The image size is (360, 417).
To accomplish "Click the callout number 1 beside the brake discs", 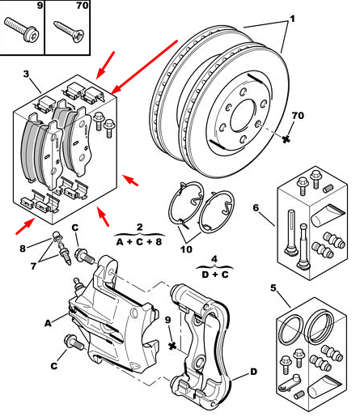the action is (292, 19).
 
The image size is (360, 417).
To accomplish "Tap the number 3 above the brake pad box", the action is (26, 74).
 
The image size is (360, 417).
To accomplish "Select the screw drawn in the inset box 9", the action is (22, 30).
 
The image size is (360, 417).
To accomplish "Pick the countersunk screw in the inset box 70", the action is (69, 32).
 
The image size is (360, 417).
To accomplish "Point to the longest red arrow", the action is (144, 67).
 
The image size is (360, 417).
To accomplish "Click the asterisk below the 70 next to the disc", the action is (286, 139).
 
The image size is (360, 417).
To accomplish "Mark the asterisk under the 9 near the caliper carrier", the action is (172, 346).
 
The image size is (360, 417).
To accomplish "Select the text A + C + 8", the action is (139, 241).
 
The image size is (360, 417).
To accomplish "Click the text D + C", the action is (215, 274).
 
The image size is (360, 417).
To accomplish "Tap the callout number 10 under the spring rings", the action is (186, 249).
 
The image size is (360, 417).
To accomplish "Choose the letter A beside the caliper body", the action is (48, 323).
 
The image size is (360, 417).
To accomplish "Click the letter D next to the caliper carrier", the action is (253, 372).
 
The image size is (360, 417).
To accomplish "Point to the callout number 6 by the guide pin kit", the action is (256, 208).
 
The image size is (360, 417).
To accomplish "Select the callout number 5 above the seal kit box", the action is (273, 288).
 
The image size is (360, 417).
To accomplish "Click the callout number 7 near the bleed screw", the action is (33, 266).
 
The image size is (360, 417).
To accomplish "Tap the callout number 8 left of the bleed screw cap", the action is (23, 249).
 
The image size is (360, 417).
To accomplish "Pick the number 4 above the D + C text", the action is (214, 259).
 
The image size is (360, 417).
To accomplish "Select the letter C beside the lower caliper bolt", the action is (54, 366).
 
